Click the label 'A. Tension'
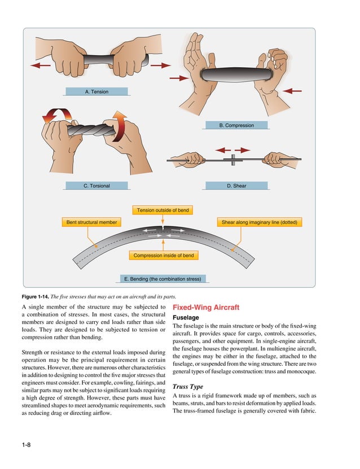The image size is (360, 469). click(96, 91)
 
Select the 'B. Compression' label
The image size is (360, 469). click(236, 125)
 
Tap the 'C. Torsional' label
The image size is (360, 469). click(96, 186)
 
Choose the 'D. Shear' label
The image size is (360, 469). click(236, 186)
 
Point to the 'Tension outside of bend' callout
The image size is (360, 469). click(163, 211)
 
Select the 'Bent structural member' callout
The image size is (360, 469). click(91, 222)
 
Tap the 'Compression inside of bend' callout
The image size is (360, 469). click(163, 256)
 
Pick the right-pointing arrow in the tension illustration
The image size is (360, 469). click(161, 65)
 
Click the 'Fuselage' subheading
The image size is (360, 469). click(186, 318)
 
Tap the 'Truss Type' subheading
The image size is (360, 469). click(188, 387)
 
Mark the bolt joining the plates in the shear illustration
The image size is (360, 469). click(232, 160)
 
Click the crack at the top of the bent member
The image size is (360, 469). click(163, 230)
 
